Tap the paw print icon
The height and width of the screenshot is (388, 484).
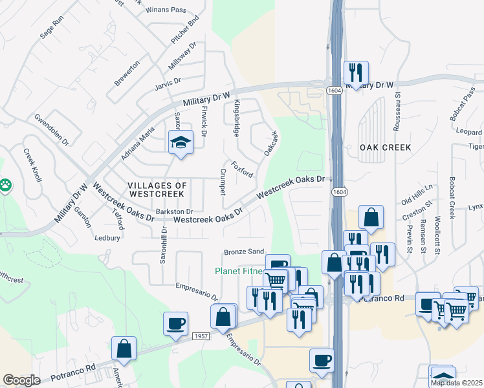pyautogui.click(x=6, y=186)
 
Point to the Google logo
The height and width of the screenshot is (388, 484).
pyautogui.click(x=22, y=380)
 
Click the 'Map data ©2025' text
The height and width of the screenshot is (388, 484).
pyautogui.click(x=457, y=382)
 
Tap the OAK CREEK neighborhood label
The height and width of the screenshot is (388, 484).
pyautogui.click(x=386, y=147)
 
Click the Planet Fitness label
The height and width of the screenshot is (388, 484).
pyautogui.click(x=239, y=271)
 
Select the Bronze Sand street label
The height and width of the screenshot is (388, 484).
pyautogui.click(x=244, y=251)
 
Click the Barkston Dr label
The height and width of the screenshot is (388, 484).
pyautogui.click(x=174, y=211)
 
